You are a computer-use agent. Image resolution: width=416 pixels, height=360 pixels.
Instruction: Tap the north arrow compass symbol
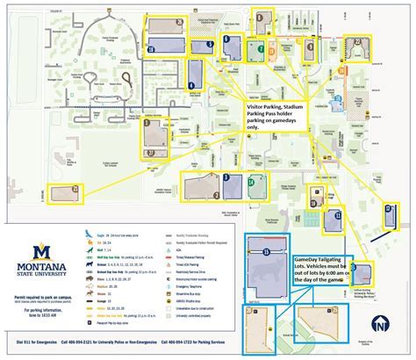(x=378, y=326)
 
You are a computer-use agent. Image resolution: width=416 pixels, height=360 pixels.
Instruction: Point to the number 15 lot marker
(x=264, y=251)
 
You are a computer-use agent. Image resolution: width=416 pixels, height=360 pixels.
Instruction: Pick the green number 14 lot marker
(x=251, y=183)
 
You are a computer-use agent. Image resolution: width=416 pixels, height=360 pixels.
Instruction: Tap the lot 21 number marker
(x=75, y=188)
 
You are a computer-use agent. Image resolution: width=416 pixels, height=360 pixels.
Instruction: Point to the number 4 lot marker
(x=190, y=84)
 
